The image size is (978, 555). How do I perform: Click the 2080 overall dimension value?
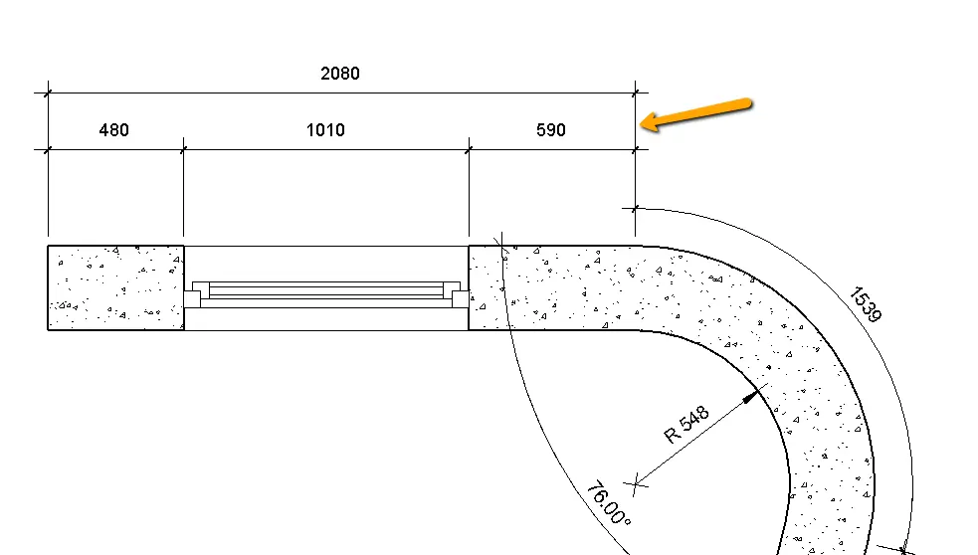pos(339,74)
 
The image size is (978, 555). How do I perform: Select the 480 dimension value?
pos(114,130)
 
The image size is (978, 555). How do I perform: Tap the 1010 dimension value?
pos(325,130)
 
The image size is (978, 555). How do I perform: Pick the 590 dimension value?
pos(550,130)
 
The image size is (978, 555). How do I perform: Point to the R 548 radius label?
pos(686,424)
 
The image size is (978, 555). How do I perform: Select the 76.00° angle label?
pos(608,504)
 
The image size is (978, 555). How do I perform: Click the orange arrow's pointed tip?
pos(643,124)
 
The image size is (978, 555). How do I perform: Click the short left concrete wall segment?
pos(115,287)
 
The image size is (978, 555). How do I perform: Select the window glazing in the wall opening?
pos(326,290)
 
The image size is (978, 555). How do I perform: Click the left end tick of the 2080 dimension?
pos(48,93)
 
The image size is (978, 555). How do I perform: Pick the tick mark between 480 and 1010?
pos(184,150)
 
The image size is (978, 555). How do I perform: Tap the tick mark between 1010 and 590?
pos(469,150)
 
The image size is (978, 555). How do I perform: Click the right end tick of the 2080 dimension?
pos(636,93)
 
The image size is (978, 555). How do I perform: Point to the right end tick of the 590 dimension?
pos(636,150)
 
